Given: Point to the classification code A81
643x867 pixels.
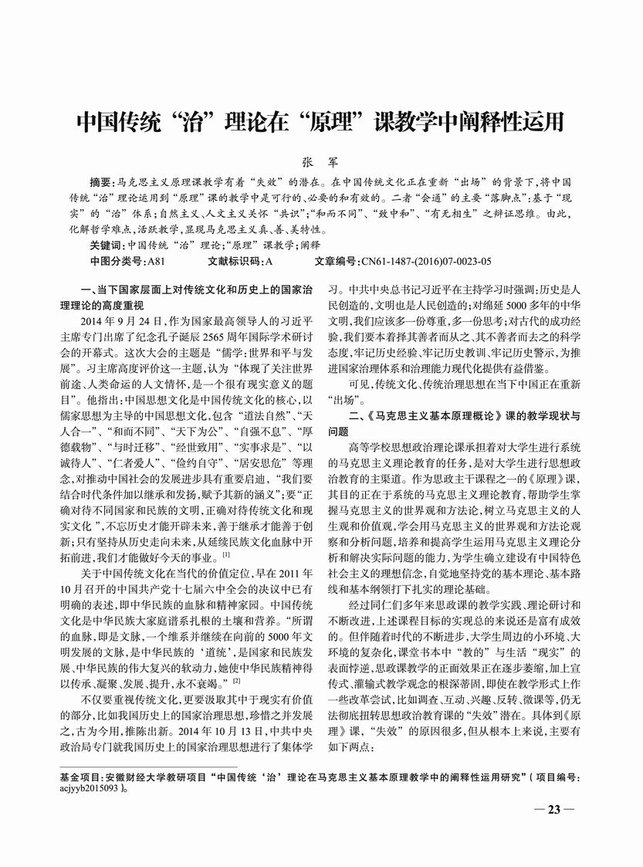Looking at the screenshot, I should tap(154, 261).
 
